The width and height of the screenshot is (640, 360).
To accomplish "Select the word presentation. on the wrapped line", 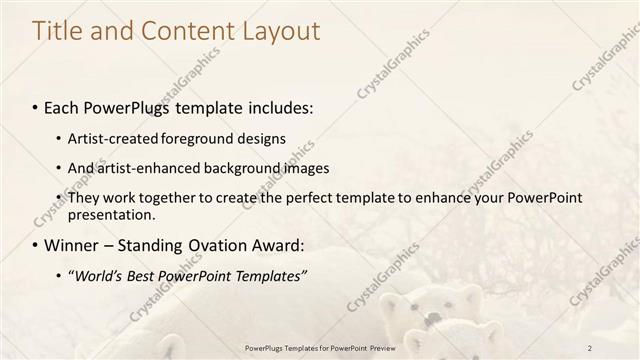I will tap(111, 214).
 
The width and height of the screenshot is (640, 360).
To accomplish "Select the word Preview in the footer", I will tap(393, 347).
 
